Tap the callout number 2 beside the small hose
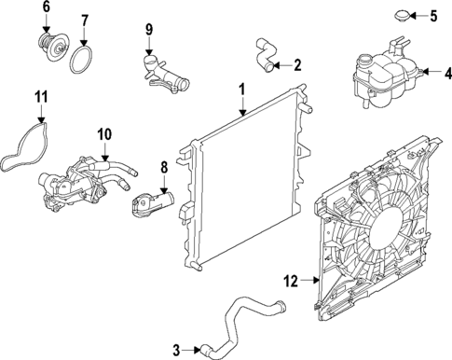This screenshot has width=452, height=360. pyautogui.click(x=297, y=65)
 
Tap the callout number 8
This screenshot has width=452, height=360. pyautogui.click(x=164, y=167)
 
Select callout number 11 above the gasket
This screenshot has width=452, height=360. pyautogui.click(x=40, y=96)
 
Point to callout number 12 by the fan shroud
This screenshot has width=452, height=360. pyautogui.click(x=291, y=279)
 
